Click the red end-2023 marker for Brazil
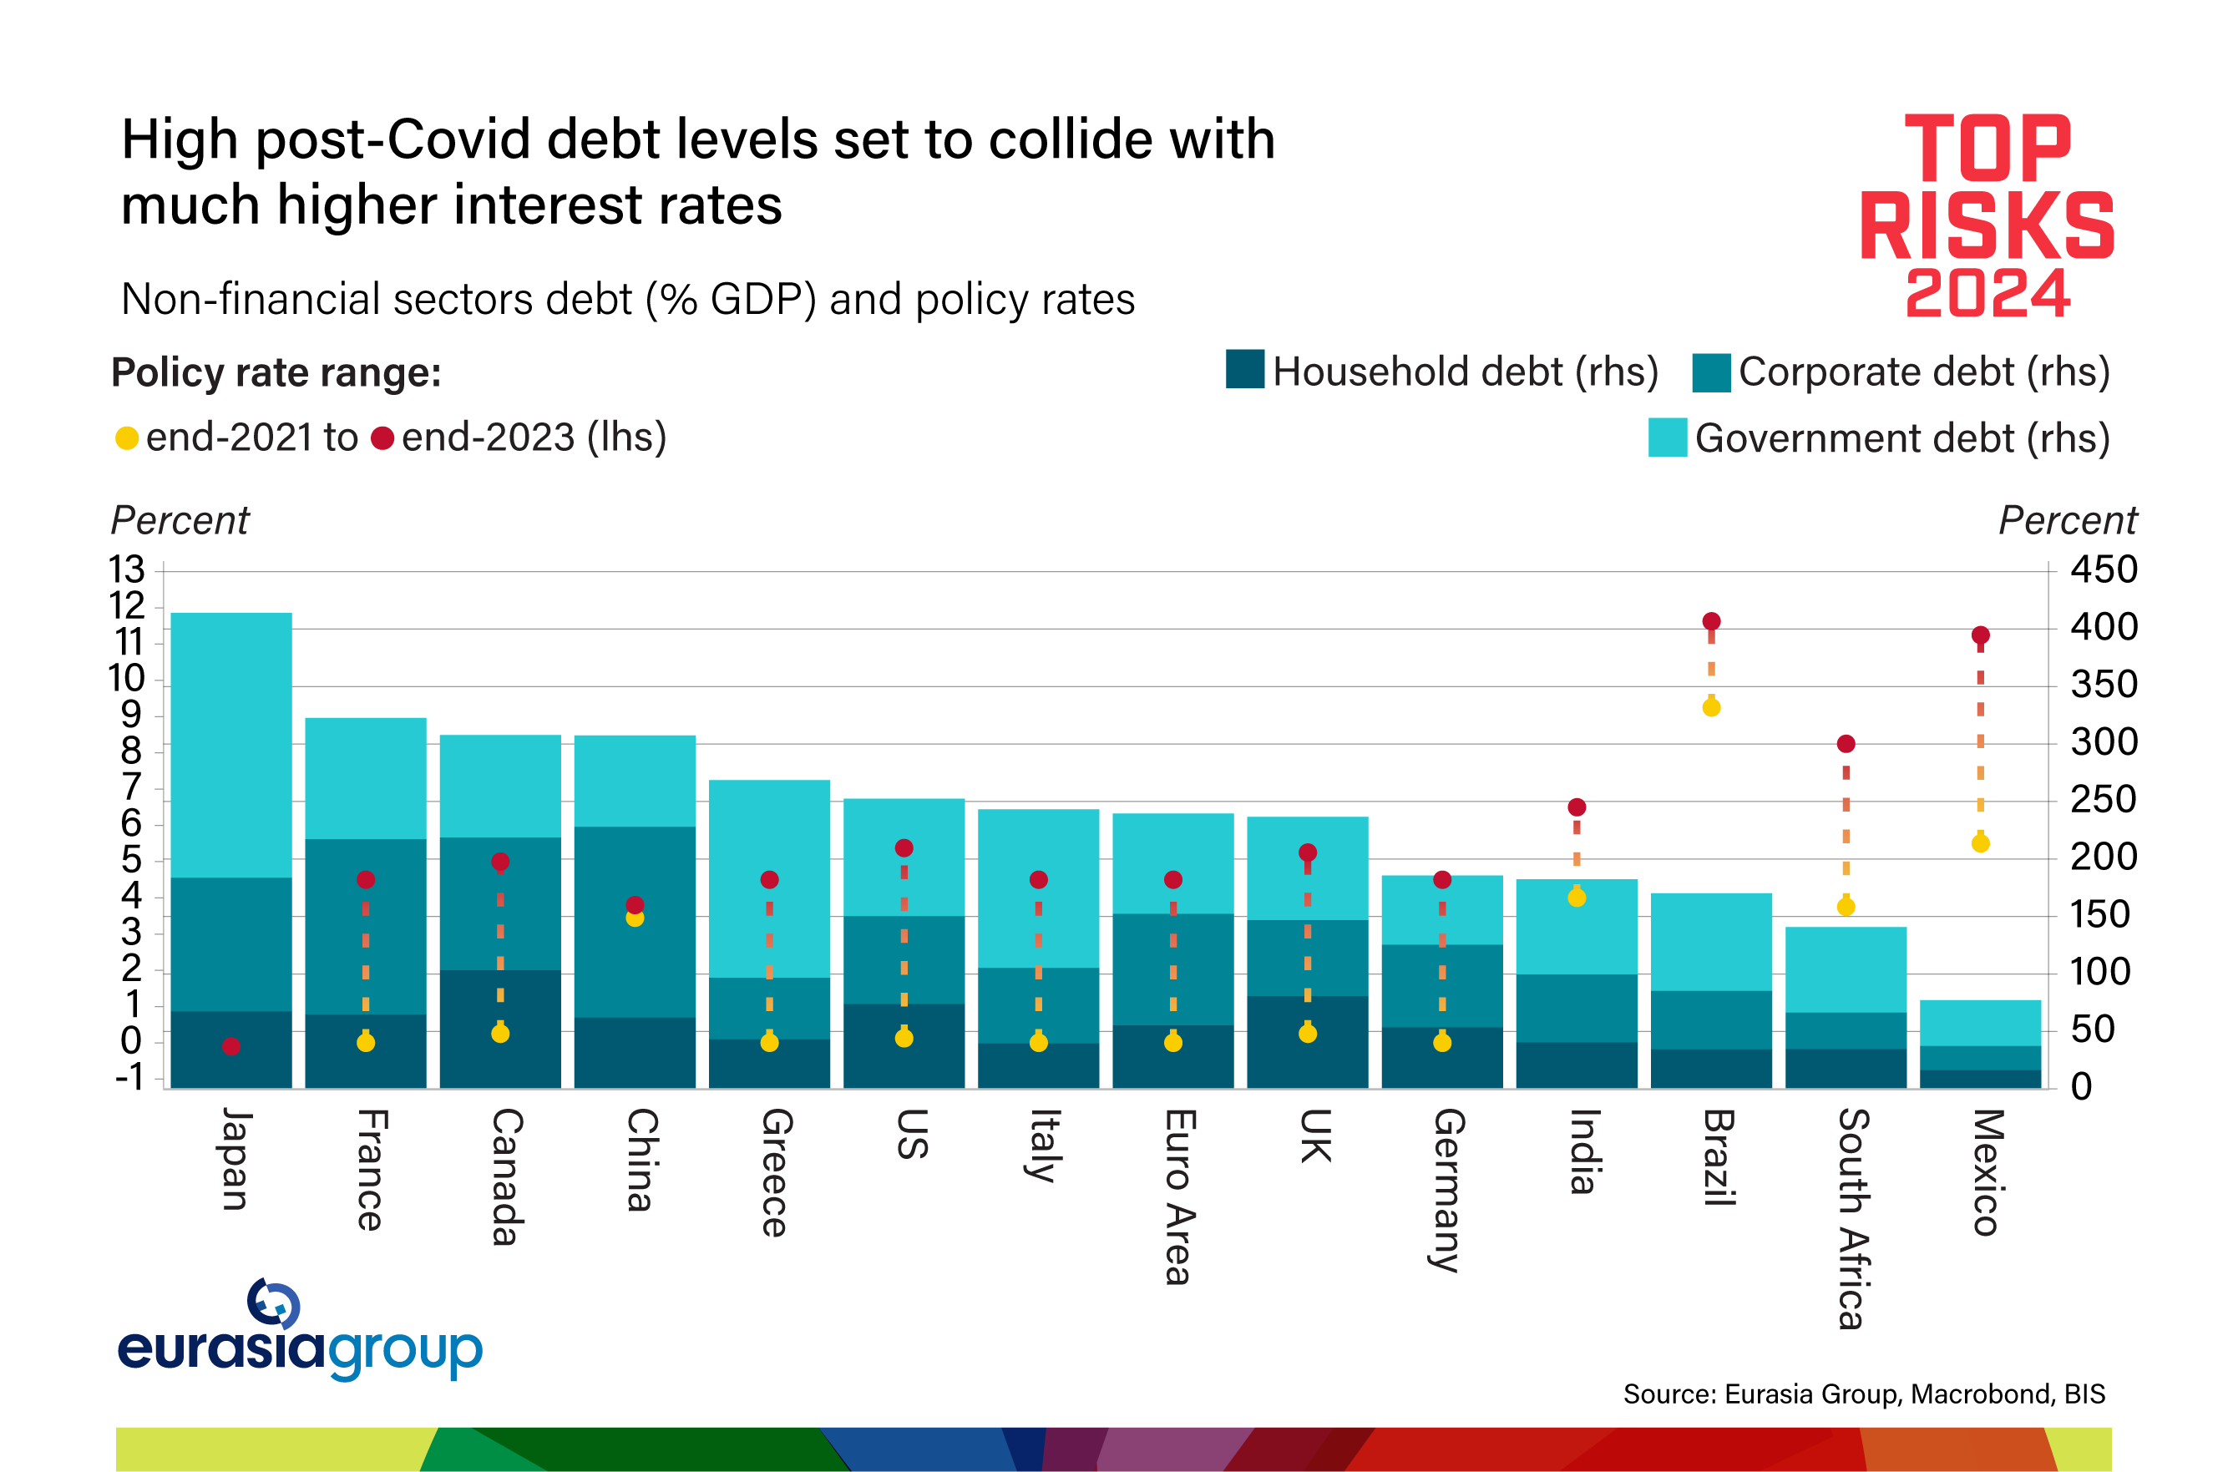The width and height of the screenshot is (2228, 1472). (x=1711, y=621)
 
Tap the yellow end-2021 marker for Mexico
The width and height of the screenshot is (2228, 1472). (x=1980, y=843)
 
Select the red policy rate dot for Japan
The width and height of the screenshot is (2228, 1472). (x=231, y=1046)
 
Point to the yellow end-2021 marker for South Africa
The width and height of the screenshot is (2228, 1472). (x=1846, y=907)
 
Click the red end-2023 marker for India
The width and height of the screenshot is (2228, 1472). (x=1577, y=807)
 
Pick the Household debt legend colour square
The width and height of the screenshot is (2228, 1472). (x=1245, y=369)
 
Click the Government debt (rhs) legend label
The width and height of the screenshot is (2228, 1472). (x=1902, y=438)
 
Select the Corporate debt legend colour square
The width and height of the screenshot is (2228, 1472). (x=1711, y=372)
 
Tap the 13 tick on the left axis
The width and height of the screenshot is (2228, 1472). (x=127, y=569)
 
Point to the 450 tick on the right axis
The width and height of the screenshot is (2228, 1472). (x=2103, y=569)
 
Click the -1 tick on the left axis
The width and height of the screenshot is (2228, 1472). (x=129, y=1077)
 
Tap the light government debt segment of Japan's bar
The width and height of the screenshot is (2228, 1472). (x=231, y=741)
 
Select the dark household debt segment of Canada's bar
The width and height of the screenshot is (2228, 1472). (x=499, y=1028)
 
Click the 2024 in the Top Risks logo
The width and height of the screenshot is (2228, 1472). (x=1987, y=294)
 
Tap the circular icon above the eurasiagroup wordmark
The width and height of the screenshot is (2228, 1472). (x=272, y=1303)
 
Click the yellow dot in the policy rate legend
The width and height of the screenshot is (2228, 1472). (x=127, y=438)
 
